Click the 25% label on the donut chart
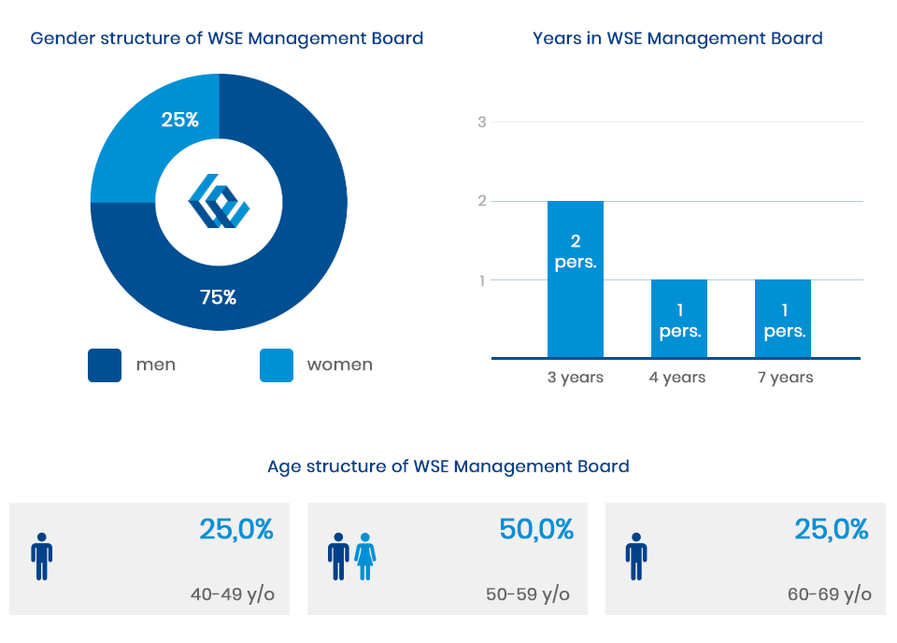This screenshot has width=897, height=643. pos(179,120)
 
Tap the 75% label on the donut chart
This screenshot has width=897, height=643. pos(218,297)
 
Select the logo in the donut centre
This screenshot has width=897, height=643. pos(219,202)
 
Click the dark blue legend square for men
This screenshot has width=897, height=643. pos(105,365)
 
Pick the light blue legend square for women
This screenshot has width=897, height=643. pos(276,365)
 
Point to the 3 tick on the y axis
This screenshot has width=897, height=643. pos(482,121)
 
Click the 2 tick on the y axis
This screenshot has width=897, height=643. pos(482,201)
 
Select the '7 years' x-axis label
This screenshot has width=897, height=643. pos(785,378)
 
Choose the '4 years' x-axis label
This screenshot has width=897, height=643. pos(677,378)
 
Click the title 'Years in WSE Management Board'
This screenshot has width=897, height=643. pos(677,38)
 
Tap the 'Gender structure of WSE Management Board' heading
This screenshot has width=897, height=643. pos(227,38)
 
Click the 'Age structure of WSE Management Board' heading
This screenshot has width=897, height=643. pos(448,466)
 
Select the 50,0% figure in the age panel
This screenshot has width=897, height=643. pos(536,530)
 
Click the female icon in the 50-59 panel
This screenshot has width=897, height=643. pos(364,556)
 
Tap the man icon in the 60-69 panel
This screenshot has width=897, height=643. pos(636,556)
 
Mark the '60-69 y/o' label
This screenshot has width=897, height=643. pos(830,594)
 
